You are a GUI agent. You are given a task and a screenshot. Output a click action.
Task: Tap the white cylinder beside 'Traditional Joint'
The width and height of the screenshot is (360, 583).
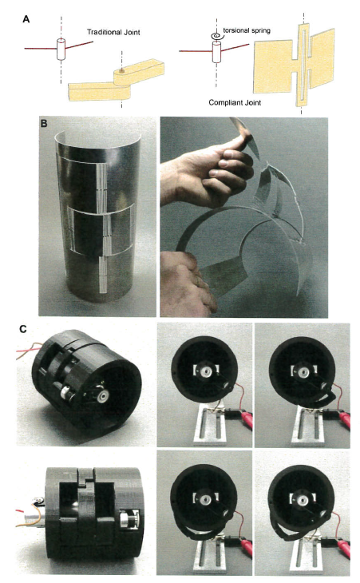(60, 50)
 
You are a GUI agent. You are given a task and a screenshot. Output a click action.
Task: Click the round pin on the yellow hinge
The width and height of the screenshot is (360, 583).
(121, 71)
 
